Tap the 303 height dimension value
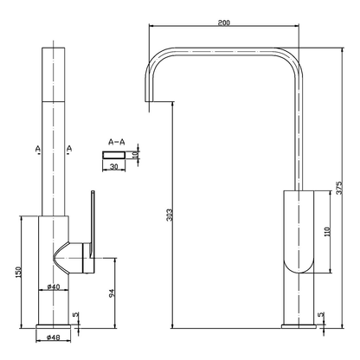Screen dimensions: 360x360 168,214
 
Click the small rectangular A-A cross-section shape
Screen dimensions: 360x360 113,154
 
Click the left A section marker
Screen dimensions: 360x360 38,148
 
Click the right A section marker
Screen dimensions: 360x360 68,148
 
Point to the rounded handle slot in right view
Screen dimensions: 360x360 295,234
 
